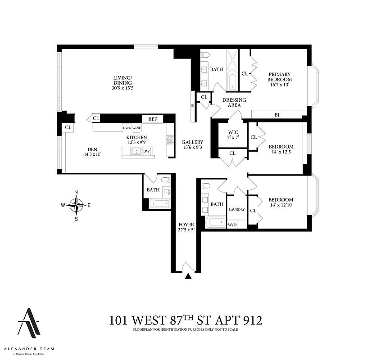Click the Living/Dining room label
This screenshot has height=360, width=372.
(x=123, y=83)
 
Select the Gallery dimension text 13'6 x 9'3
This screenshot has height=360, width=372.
(x=192, y=147)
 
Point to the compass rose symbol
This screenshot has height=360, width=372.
(x=76, y=205)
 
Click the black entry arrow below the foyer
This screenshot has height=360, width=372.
(x=188, y=276)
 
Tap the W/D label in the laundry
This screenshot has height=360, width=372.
(x=232, y=225)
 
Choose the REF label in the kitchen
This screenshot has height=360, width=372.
(x=153, y=119)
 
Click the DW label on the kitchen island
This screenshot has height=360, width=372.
(x=146, y=152)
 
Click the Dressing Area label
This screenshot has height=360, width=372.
(x=234, y=103)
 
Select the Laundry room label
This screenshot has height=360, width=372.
(x=236, y=210)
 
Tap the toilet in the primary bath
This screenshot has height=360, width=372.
(x=205, y=55)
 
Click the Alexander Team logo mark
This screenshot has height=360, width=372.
(x=29, y=322)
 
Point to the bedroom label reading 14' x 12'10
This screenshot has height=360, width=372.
(x=281, y=202)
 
